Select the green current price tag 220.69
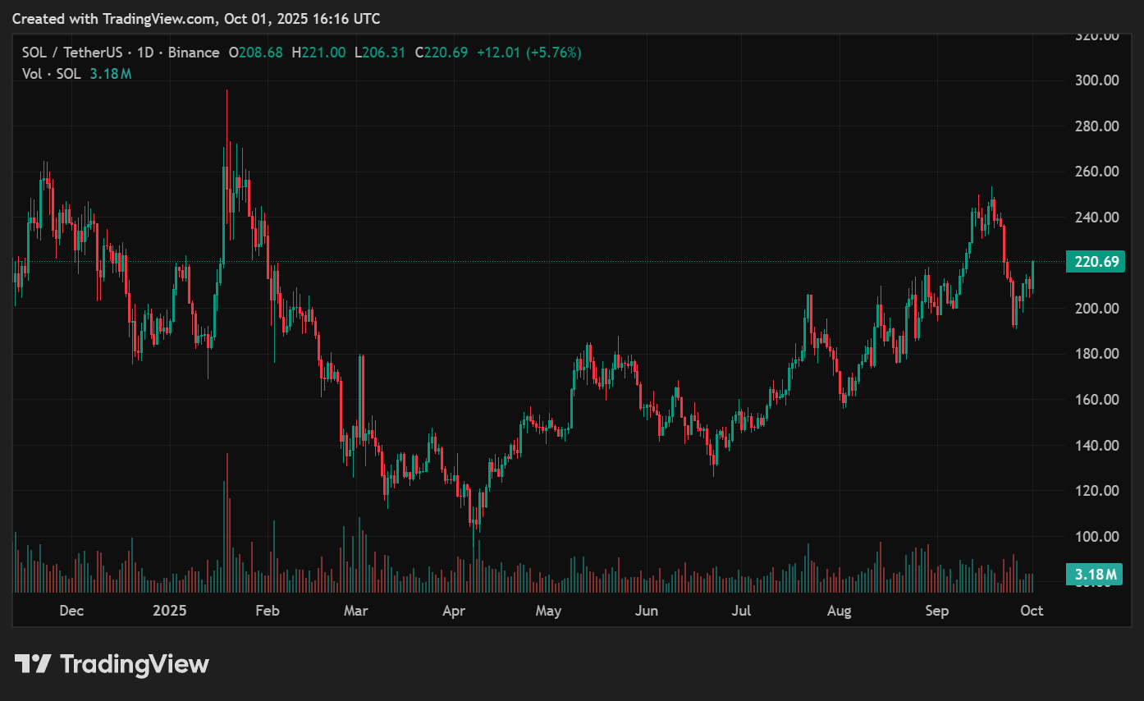click(1095, 263)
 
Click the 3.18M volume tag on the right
click(1095, 574)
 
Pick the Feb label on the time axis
click(268, 611)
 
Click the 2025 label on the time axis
click(170, 611)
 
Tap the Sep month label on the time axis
click(936, 611)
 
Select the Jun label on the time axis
click(647, 611)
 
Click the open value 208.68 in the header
click(260, 53)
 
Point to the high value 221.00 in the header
click(323, 53)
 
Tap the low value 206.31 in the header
click(385, 53)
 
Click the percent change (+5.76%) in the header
click(554, 53)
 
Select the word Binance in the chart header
click(194, 53)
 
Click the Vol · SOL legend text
click(51, 74)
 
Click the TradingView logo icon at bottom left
click(34, 663)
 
